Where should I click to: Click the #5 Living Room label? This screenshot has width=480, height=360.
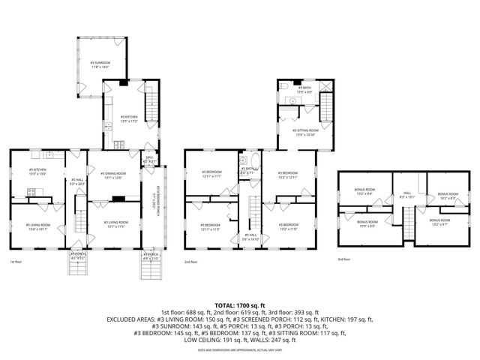[38, 226]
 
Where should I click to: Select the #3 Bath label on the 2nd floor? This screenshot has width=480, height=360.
[304, 90]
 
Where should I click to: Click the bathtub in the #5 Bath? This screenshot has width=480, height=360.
[255, 167]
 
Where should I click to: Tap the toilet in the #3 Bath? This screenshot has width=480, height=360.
[290, 100]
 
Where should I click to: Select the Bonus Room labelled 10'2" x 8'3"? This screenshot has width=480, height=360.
[448, 194]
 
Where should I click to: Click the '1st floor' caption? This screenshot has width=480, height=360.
[16, 262]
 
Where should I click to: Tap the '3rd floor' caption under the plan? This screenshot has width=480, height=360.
[344, 259]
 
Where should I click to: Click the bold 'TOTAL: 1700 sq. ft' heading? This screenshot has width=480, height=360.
[240, 305]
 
